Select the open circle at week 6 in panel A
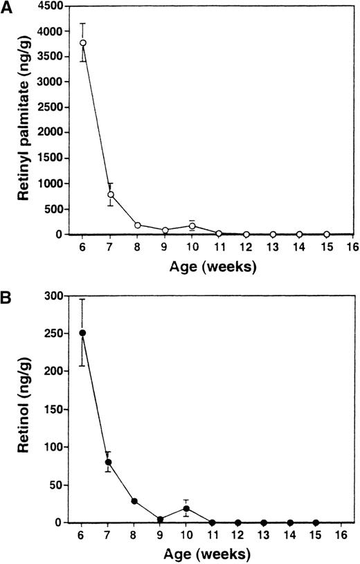click(83, 43)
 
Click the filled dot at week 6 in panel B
click(83, 333)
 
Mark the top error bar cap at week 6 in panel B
click(83, 299)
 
